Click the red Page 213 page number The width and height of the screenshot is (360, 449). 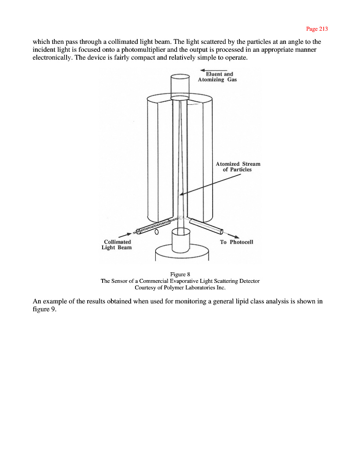click(317, 29)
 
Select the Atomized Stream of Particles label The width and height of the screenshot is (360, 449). click(238, 167)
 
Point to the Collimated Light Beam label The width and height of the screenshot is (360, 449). click(117, 245)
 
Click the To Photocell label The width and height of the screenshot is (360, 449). click(236, 242)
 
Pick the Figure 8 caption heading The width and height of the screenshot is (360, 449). click(180, 274)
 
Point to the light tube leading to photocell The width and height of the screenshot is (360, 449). click(206, 226)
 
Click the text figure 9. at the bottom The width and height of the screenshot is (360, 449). click(45, 309)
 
